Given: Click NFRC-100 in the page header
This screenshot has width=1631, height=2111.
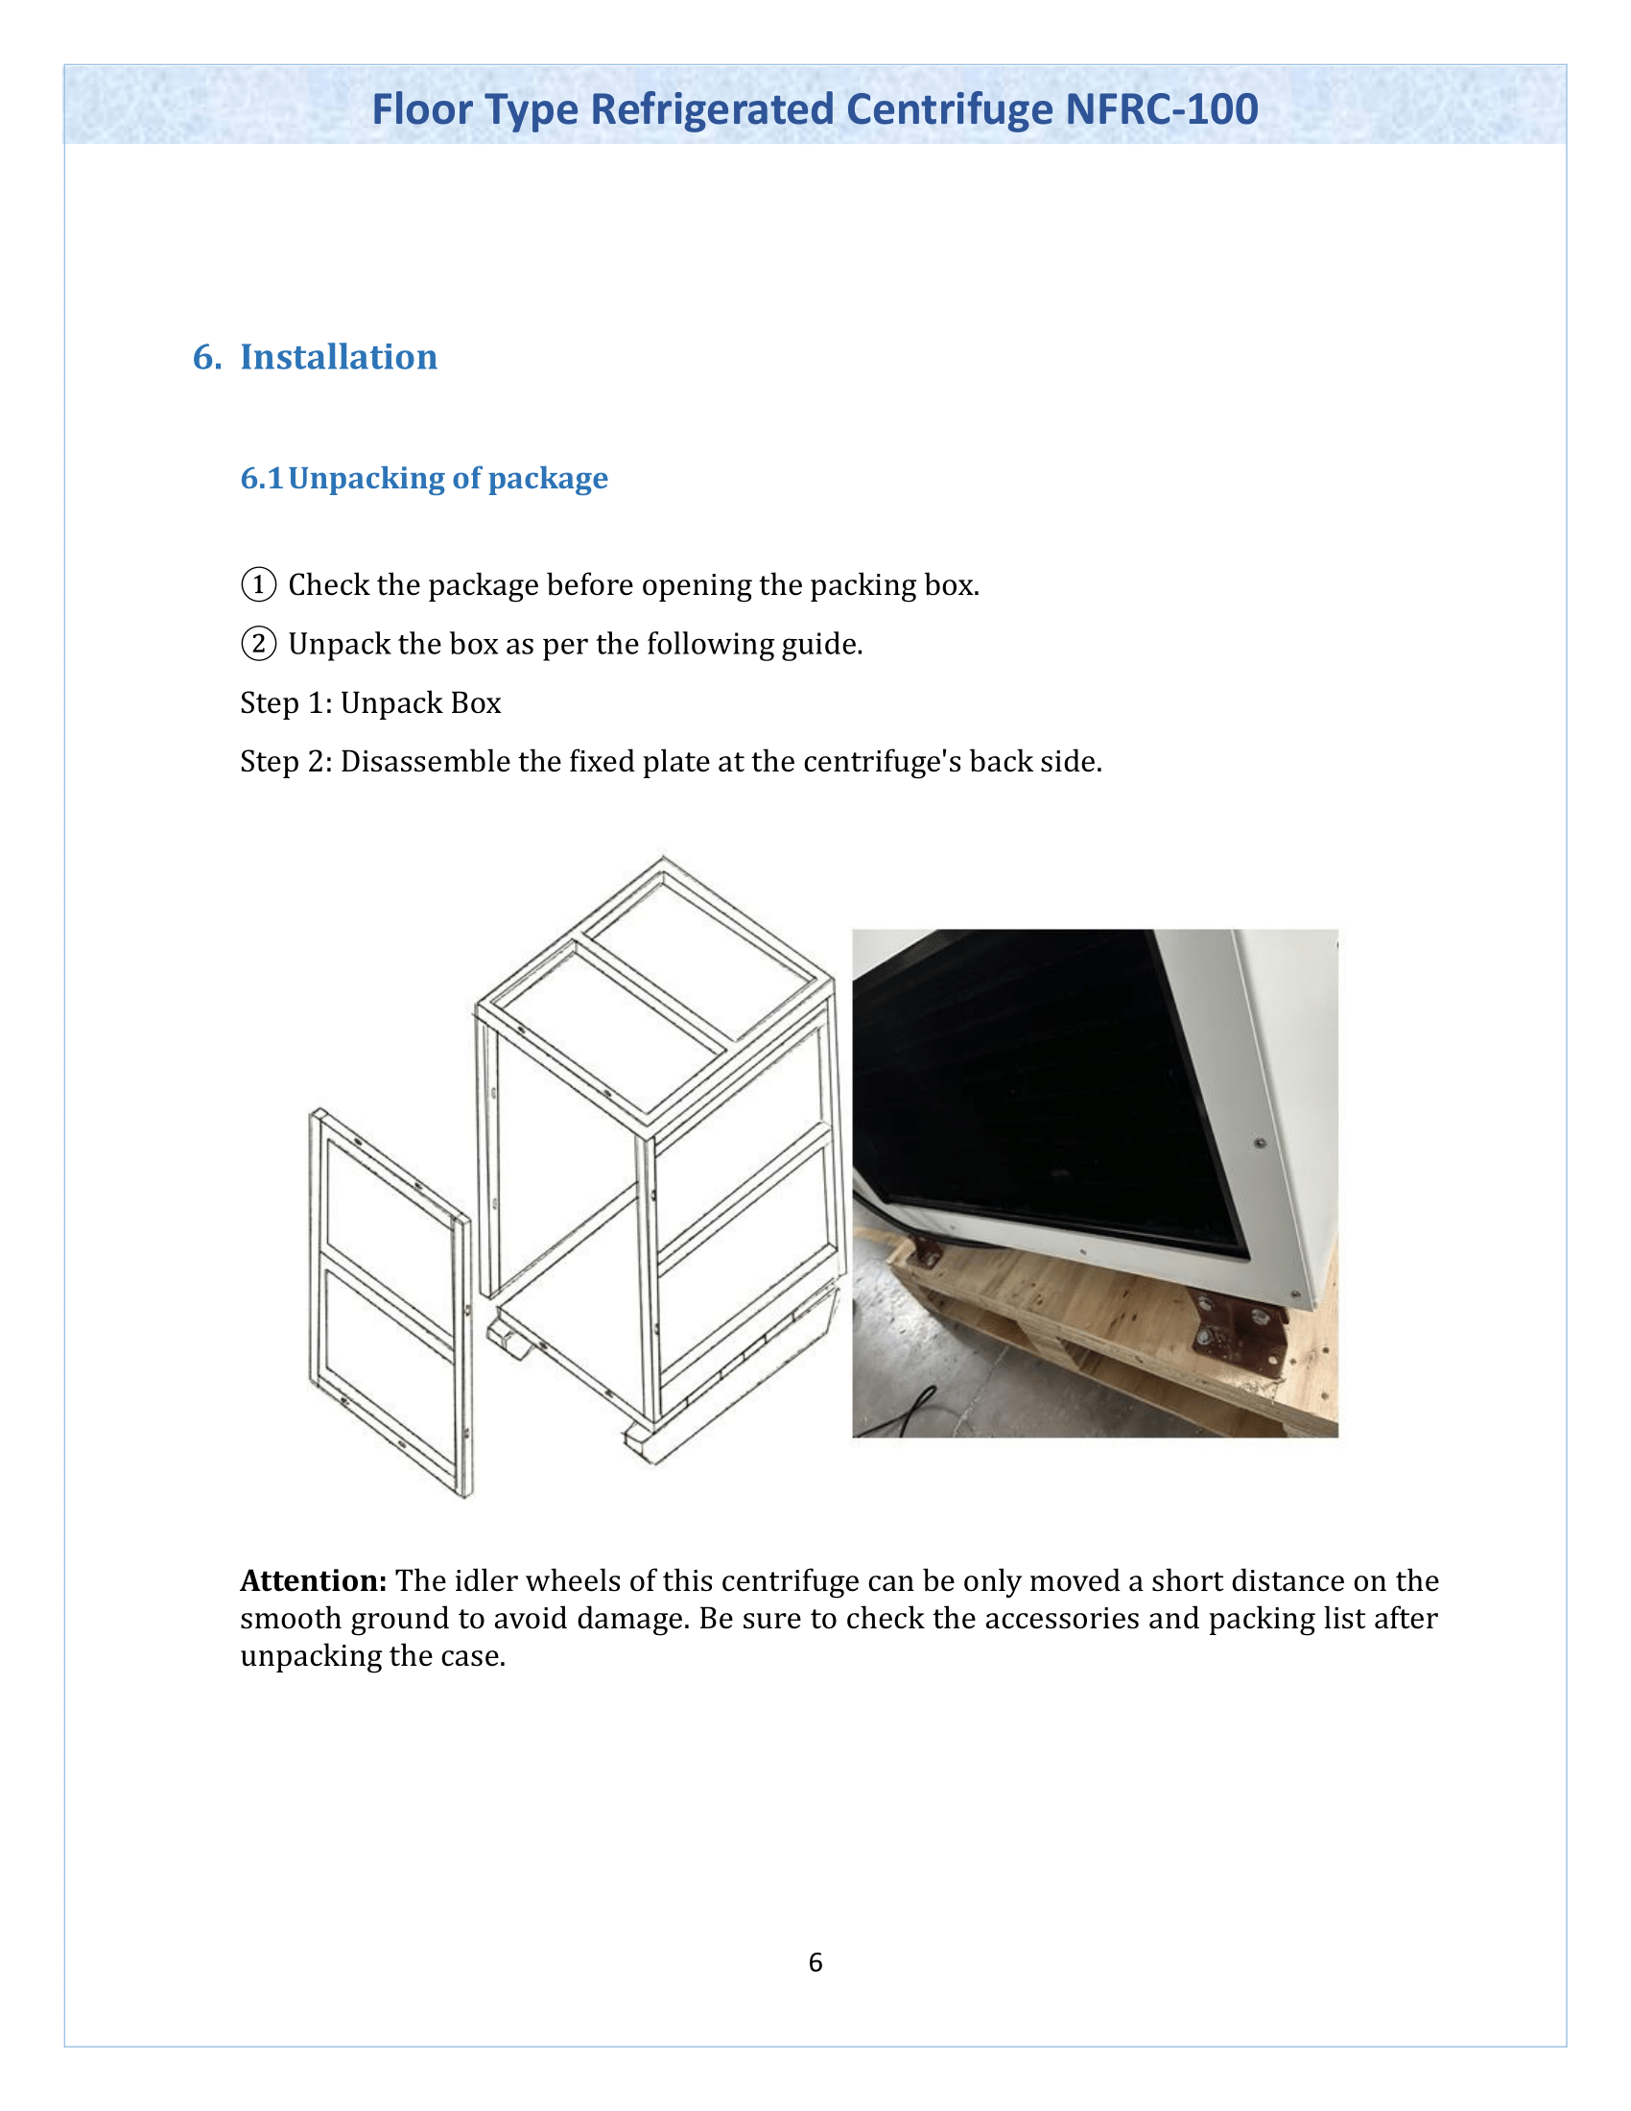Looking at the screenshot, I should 1162,109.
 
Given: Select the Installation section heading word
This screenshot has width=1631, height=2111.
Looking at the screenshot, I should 338,357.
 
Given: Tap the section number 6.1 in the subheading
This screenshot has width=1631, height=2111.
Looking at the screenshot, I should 261,479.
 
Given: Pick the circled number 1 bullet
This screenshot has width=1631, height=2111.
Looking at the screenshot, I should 258,584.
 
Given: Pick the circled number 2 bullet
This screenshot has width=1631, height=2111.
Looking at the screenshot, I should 258,644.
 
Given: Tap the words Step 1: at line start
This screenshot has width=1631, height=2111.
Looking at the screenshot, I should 286,702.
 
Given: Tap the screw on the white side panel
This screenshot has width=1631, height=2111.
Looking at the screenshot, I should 1260,1144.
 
